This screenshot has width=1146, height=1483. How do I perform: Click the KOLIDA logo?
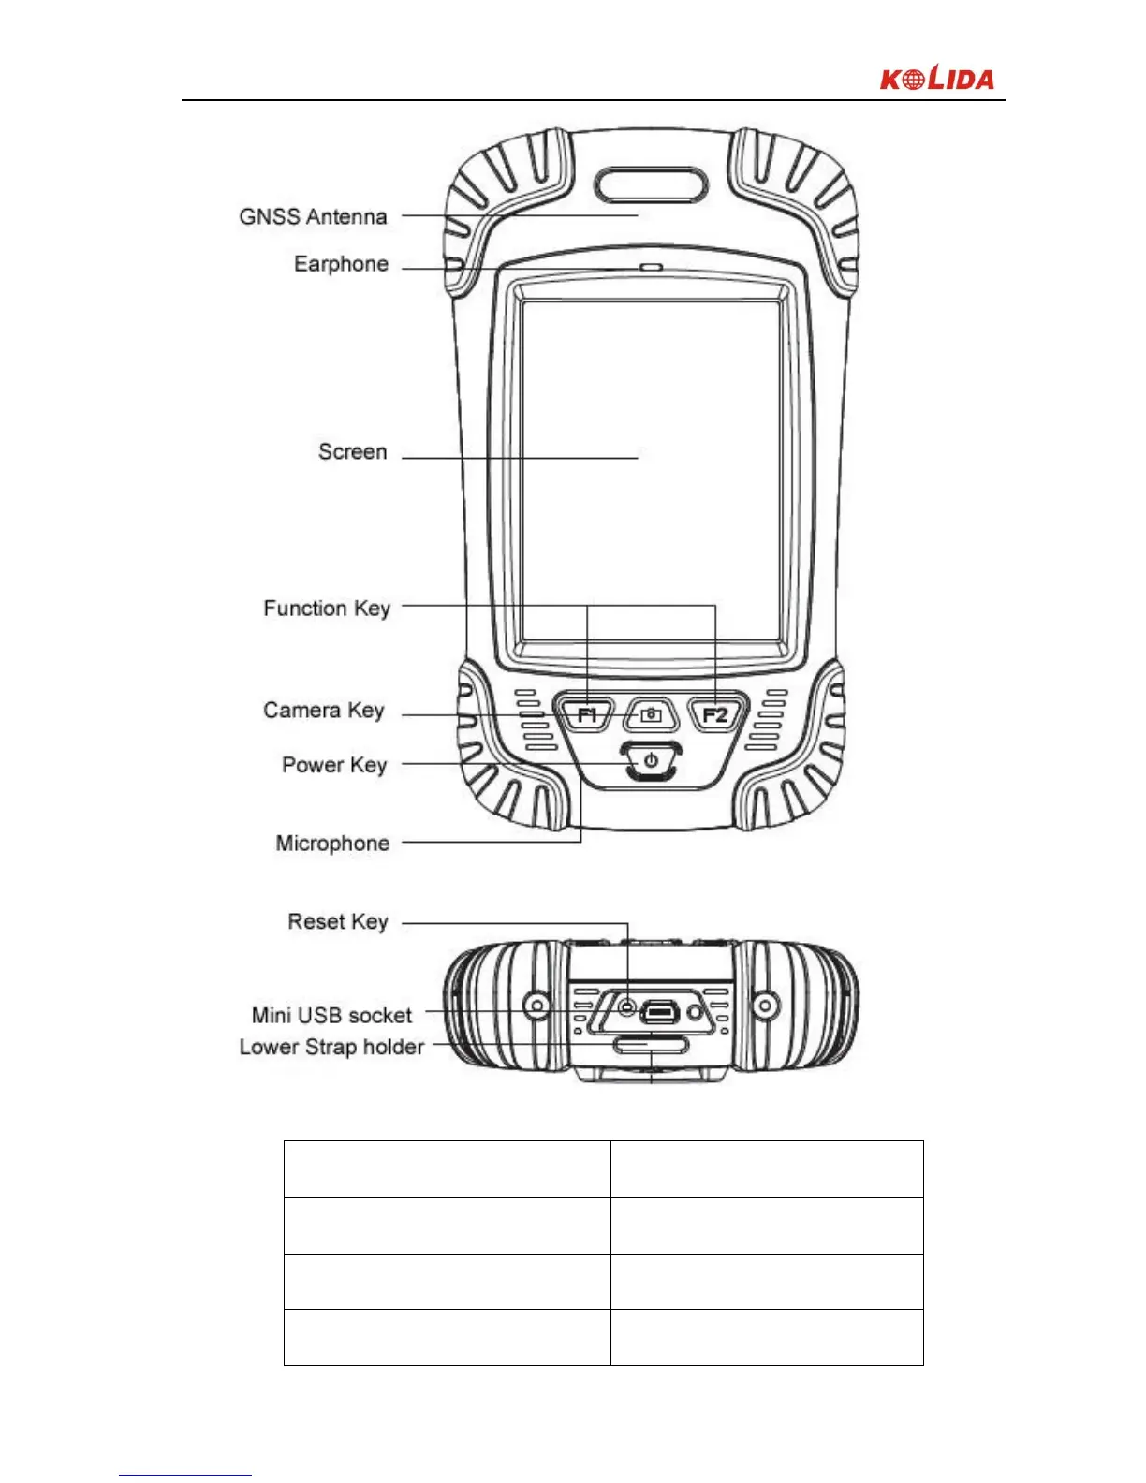[936, 79]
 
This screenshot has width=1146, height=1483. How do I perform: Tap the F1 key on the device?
[587, 715]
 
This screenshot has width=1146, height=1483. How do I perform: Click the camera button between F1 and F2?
[651, 715]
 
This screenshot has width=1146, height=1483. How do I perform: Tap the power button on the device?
[651, 760]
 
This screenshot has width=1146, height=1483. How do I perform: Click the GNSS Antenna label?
[313, 217]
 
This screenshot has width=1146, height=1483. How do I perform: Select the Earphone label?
[341, 264]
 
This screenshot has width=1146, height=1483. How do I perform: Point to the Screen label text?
[352, 452]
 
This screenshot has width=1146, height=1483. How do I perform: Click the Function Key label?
[326, 609]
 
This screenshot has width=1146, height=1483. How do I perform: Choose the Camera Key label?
[323, 711]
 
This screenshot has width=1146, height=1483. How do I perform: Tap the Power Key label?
[334, 765]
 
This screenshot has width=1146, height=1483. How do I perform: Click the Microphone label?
[332, 844]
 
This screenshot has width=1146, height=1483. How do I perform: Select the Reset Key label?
[337, 922]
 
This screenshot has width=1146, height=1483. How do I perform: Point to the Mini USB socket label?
[331, 1016]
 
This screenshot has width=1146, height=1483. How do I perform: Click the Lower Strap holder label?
[331, 1047]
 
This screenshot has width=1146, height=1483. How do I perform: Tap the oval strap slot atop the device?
[653, 184]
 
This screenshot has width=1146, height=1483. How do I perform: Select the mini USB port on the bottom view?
[661, 1011]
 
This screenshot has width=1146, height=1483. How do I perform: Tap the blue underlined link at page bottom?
[185, 1474]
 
